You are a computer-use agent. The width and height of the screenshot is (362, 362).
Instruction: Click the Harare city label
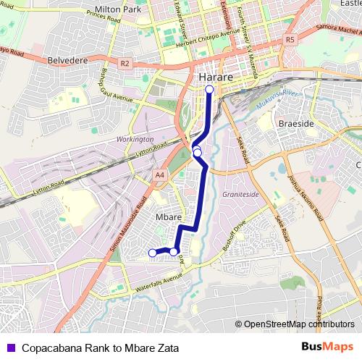click(214, 76)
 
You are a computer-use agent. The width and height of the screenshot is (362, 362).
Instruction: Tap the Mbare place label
click(168, 216)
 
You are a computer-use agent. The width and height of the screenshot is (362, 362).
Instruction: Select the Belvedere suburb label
click(67, 61)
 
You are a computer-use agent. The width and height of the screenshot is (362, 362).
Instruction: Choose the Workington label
click(135, 138)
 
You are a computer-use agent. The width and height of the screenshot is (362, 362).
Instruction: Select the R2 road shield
click(125, 63)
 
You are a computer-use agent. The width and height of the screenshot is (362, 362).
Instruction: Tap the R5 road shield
click(290, 38)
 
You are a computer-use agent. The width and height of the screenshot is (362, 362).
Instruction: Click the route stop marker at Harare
click(209, 90)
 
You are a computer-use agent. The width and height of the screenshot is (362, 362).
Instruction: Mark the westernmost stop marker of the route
click(152, 253)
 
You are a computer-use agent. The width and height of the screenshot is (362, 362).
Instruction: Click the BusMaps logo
click(328, 347)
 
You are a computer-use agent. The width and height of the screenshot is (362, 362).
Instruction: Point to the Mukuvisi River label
click(279, 101)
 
